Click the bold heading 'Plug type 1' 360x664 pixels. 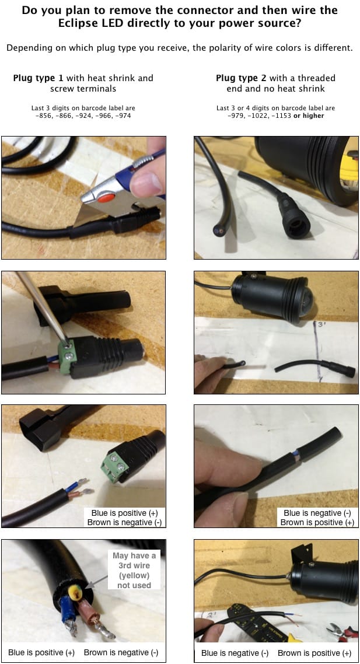[x=38, y=78]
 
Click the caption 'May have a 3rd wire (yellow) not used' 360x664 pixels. [x=134, y=570]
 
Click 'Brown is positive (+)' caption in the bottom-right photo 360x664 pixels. [x=314, y=653]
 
